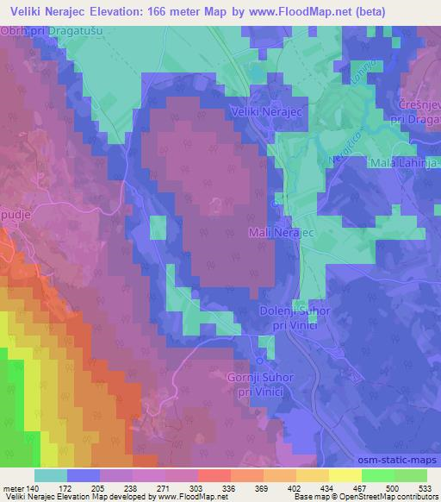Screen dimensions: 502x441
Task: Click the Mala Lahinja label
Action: tap(404, 163)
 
